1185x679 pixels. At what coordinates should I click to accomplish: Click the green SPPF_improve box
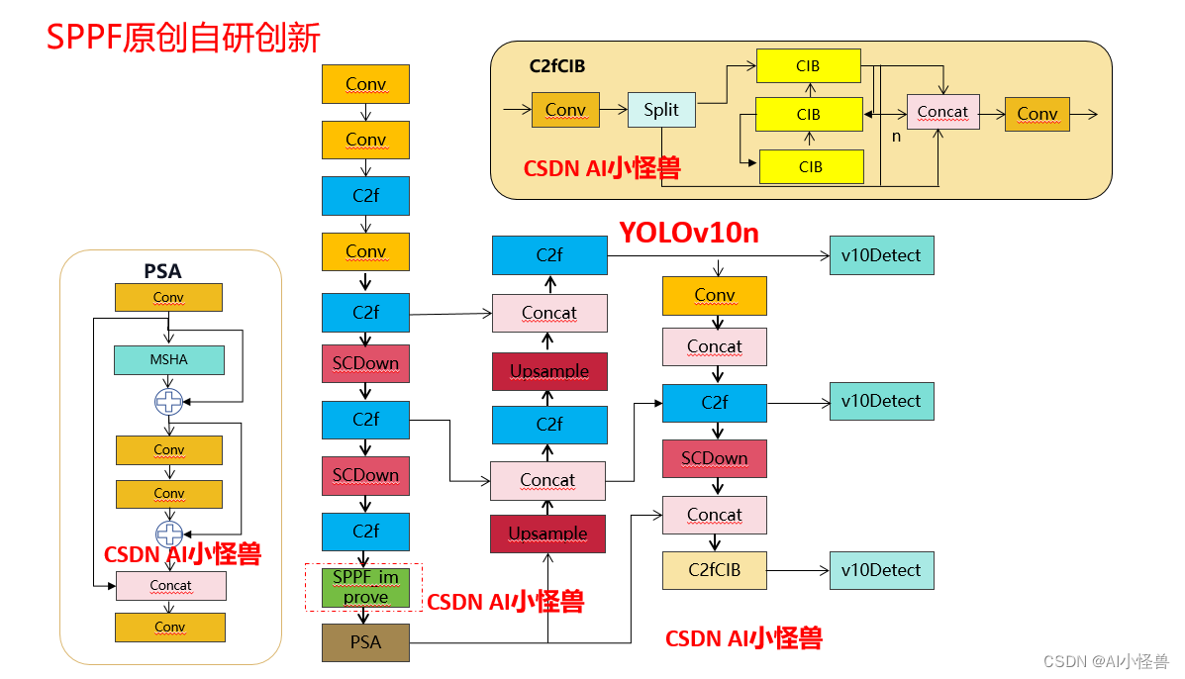[365, 587]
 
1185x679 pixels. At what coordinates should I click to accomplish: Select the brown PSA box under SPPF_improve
[365, 642]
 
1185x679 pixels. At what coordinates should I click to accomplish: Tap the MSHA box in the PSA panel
[169, 359]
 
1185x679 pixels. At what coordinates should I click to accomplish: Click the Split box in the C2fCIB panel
[661, 110]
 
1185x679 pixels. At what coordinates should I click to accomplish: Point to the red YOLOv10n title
[689, 233]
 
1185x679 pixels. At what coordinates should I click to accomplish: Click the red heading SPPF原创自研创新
[184, 38]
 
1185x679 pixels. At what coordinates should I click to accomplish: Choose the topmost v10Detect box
[881, 255]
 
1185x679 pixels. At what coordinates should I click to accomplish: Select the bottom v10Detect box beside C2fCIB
[881, 570]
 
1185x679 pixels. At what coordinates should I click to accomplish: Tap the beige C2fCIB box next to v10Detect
[714, 570]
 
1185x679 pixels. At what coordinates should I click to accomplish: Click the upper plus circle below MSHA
[169, 401]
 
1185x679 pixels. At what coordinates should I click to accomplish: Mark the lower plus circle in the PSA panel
[169, 533]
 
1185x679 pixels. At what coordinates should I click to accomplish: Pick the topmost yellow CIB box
[808, 66]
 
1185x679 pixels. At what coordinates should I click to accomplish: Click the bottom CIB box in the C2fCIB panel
[810, 167]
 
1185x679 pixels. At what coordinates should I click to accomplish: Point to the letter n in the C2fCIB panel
[896, 137]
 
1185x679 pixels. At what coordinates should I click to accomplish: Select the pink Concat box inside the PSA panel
[170, 586]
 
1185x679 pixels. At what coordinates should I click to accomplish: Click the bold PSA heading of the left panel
[162, 270]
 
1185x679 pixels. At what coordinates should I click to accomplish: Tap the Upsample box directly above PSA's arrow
[547, 533]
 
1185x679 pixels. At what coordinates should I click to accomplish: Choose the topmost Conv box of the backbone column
[365, 84]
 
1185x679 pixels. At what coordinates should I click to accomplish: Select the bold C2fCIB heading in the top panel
[557, 66]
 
